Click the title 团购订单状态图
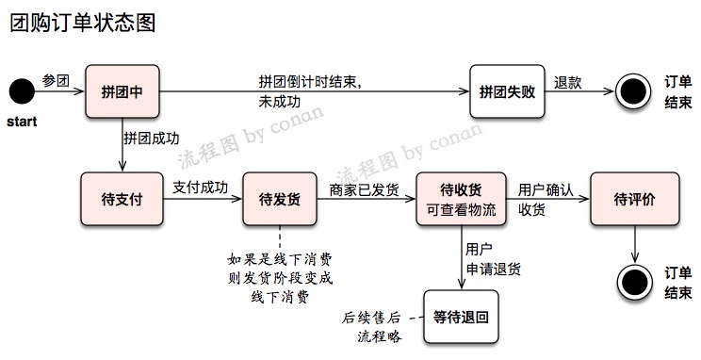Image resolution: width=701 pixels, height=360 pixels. click(x=82, y=23)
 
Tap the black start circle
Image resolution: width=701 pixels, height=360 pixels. click(x=21, y=92)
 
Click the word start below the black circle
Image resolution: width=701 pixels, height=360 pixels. click(x=22, y=123)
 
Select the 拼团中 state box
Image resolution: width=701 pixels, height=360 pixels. click(x=122, y=91)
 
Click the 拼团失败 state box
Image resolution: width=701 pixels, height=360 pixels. click(x=507, y=91)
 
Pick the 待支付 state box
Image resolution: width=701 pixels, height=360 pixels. click(x=122, y=199)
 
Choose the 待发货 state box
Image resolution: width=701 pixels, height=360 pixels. click(x=279, y=199)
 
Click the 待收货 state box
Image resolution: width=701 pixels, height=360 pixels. click(x=461, y=199)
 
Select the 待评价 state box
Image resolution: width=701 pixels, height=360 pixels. click(x=634, y=199)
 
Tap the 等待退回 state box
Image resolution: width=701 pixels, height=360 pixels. click(x=461, y=317)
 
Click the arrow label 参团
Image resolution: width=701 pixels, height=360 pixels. click(x=57, y=81)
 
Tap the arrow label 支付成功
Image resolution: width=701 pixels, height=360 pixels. click(x=201, y=188)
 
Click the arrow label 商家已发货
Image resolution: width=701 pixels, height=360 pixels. click(x=363, y=188)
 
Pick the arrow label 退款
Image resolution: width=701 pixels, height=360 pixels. click(x=567, y=81)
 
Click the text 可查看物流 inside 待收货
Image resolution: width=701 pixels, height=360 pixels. click(x=461, y=209)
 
